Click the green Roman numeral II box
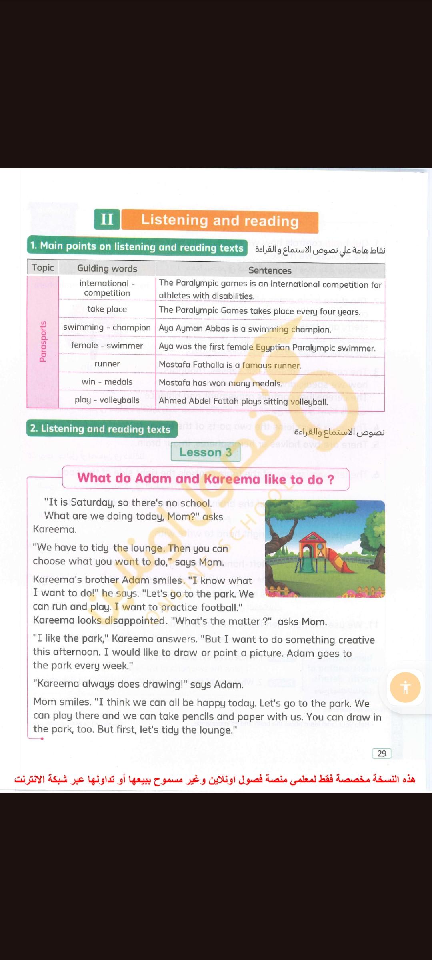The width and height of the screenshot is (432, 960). point(107,219)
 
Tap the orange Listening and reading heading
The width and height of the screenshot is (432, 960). point(220,221)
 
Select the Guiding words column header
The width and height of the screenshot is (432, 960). point(107,268)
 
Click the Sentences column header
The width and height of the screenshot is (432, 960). point(270,270)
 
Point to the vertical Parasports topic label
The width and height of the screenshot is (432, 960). point(43,342)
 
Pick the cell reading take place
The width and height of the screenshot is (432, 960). point(107,309)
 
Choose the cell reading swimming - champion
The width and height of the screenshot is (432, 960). point(107,327)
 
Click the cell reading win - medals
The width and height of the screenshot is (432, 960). point(107,382)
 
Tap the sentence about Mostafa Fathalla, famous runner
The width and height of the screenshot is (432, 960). point(230,365)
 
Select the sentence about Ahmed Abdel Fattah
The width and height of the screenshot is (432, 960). point(243,401)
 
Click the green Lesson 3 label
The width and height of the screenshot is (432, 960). point(206,452)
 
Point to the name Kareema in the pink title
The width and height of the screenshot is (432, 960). point(232,479)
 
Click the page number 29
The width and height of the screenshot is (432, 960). point(382,754)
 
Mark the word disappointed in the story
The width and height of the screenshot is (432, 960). point(134,621)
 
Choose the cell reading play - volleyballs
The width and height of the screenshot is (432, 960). point(107,400)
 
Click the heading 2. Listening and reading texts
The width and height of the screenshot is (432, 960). point(101,429)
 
